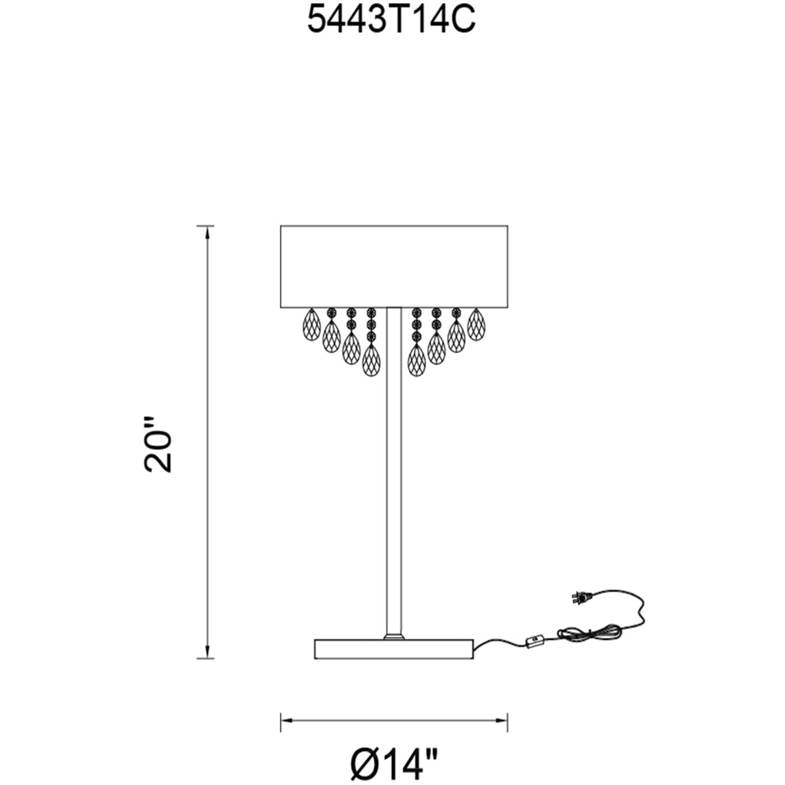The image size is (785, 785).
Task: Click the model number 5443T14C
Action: coord(391,21)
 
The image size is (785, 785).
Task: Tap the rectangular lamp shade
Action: coord(394,267)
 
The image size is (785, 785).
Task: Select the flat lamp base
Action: coord(394,649)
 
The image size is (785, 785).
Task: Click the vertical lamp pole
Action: coord(394,471)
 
